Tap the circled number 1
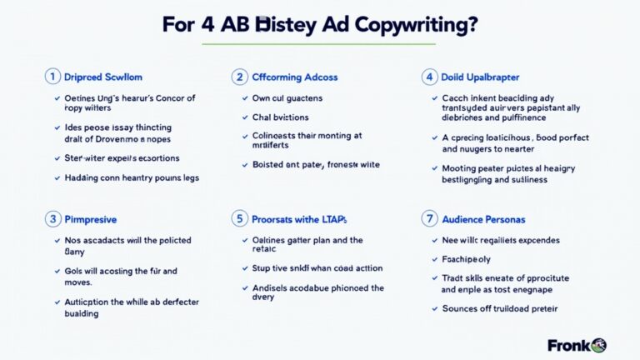coord(52,77)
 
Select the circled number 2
coord(239,77)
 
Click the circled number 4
coord(428,77)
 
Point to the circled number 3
coord(52,219)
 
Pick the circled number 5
coord(239,219)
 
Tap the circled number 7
coord(428,219)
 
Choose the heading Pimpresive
coord(90,219)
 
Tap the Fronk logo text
coord(568,345)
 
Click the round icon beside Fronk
coord(599,345)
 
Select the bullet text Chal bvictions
coord(280,117)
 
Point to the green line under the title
coord(319,43)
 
